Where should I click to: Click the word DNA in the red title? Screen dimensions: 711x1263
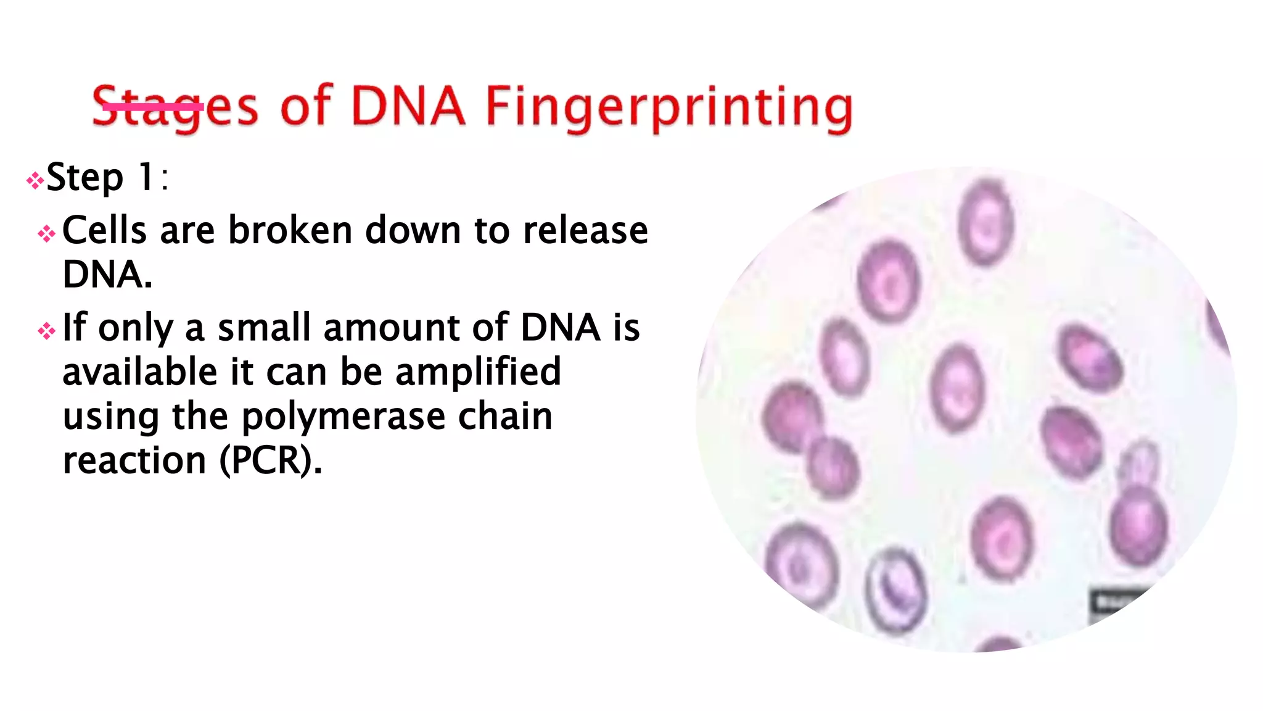point(408,106)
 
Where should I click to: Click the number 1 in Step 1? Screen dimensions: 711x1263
point(147,177)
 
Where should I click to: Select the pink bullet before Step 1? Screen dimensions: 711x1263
point(35,180)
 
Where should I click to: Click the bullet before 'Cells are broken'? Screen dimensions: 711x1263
point(46,234)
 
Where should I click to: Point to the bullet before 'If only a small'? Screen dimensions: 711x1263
point(46,331)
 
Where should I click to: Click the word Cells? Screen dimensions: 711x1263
point(104,230)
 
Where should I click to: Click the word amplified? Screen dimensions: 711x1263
point(478,372)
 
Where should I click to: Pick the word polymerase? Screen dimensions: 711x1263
point(342,417)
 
